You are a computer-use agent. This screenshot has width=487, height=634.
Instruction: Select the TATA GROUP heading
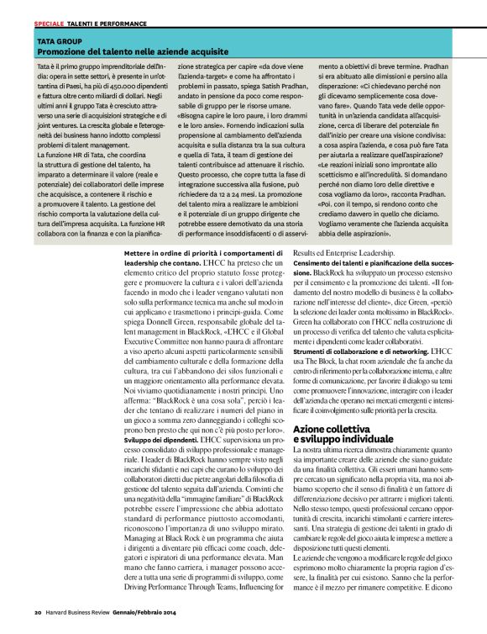tap(58, 40)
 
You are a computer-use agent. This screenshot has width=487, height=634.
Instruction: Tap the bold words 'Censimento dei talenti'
tap(326, 286)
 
